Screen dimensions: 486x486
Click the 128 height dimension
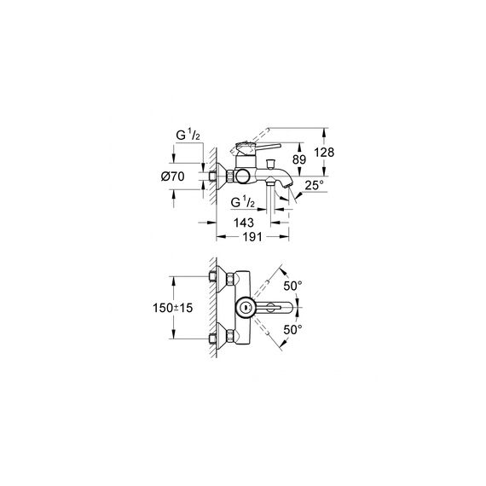(324, 153)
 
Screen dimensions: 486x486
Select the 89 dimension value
(299, 159)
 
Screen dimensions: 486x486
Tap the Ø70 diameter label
(172, 176)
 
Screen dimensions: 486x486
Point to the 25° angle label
(314, 185)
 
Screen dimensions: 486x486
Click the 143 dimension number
(244, 223)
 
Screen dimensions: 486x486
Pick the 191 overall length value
(252, 237)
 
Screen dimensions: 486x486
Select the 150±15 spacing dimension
(172, 308)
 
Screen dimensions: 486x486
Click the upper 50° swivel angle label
(292, 286)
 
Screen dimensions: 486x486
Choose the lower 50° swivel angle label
(292, 330)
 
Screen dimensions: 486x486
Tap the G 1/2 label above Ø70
(188, 136)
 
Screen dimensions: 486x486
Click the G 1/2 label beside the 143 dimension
(243, 202)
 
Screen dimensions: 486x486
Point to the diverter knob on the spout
(271, 163)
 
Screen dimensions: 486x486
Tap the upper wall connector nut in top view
(230, 277)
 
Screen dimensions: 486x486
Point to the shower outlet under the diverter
(270, 182)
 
